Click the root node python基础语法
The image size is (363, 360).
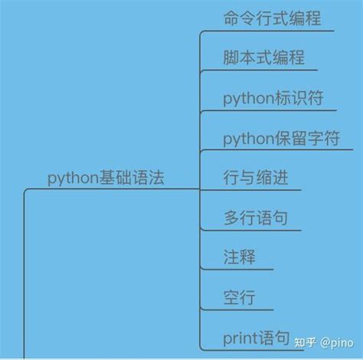106,178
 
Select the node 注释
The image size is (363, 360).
238,257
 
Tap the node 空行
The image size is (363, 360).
238,297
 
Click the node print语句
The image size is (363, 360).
256,337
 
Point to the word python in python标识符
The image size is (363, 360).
243,99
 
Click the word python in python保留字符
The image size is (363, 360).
243,139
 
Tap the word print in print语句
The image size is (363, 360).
238,337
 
